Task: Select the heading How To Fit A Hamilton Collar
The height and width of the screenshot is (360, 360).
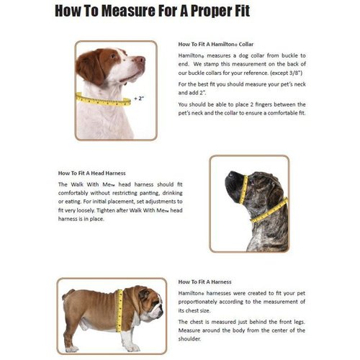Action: pyautogui.click(x=215, y=45)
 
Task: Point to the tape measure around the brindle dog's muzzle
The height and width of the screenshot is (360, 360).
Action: pyautogui.click(x=243, y=188)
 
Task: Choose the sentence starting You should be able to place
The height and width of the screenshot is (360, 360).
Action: pyautogui.click(x=240, y=107)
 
